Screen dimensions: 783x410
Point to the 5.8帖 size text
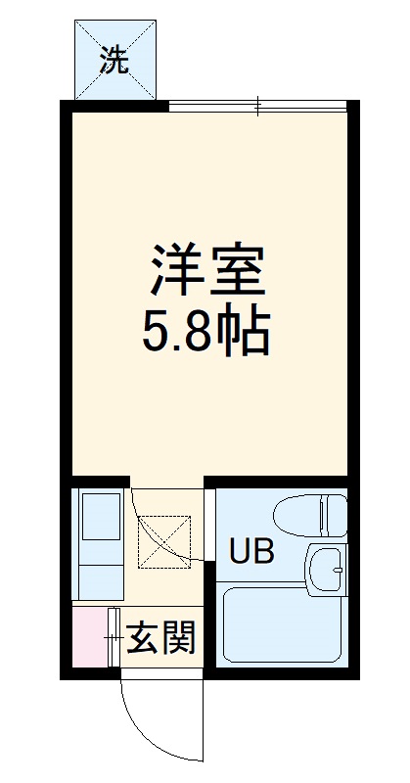click(x=207, y=334)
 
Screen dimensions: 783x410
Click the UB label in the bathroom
click(x=251, y=552)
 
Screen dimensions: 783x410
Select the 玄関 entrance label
click(x=161, y=638)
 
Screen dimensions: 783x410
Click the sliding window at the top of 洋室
click(x=258, y=105)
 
